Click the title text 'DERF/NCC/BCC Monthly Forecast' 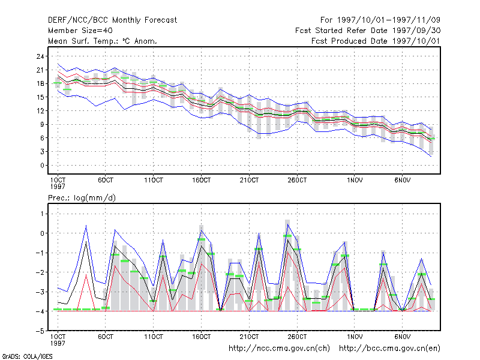pyautogui.click(x=112, y=20)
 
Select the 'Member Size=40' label pyautogui.click(x=80, y=31)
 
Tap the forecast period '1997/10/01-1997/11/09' pyautogui.click(x=388, y=20)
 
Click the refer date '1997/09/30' pyautogui.click(x=416, y=31)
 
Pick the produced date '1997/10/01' pyautogui.click(x=416, y=41)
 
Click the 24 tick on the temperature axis pyautogui.click(x=40, y=56)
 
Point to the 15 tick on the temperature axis pyautogui.click(x=40, y=97)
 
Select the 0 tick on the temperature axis pyautogui.click(x=42, y=166)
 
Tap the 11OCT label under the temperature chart pyautogui.click(x=154, y=180)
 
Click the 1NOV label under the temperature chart pyautogui.click(x=355, y=180)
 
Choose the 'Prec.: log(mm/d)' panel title pyautogui.click(x=82, y=198)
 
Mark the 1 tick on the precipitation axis pyautogui.click(x=42, y=214)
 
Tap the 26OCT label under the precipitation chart pyautogui.click(x=297, y=337)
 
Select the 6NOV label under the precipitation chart pyautogui.click(x=403, y=337)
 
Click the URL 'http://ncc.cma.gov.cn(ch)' pyautogui.click(x=279, y=349)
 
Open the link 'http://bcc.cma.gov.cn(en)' pyautogui.click(x=389, y=349)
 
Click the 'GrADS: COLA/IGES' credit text pyautogui.click(x=27, y=356)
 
